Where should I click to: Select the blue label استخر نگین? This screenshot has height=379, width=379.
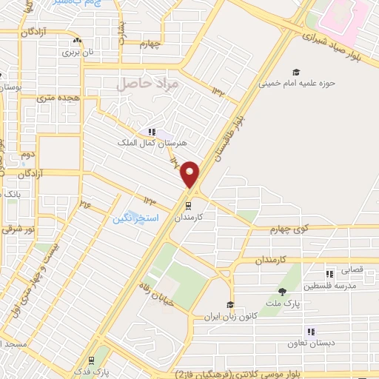[x=133, y=219]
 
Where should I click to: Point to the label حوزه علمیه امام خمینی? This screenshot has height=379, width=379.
[x=296, y=83]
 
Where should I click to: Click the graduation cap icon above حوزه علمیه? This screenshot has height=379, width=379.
[x=296, y=73]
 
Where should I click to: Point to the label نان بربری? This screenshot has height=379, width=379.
[x=78, y=53]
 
